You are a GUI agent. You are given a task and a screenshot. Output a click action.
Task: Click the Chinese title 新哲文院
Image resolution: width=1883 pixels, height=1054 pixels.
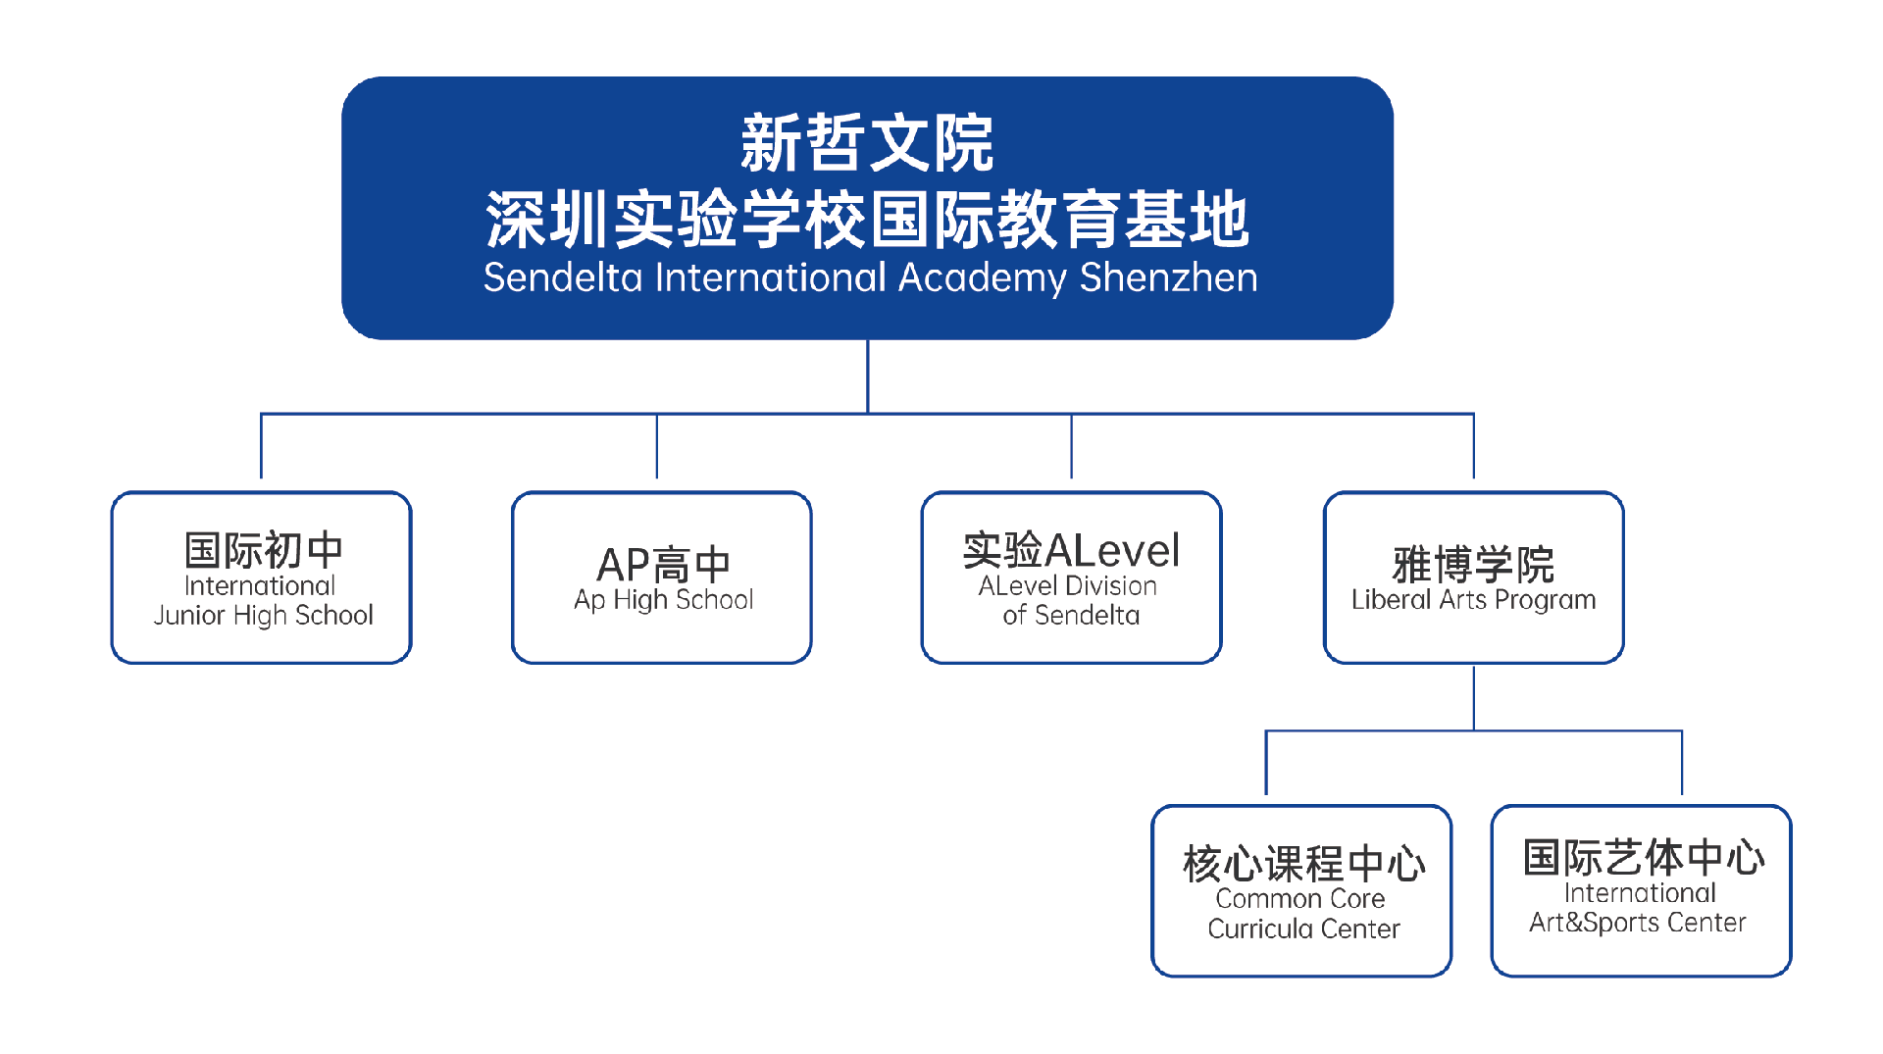(x=867, y=144)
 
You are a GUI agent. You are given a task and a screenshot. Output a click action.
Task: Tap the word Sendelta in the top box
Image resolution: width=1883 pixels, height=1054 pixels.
(x=563, y=277)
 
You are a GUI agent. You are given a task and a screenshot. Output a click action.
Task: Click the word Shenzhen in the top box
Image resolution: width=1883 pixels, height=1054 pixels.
(x=1168, y=277)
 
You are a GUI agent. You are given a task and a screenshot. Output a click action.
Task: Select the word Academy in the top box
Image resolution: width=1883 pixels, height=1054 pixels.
(x=982, y=278)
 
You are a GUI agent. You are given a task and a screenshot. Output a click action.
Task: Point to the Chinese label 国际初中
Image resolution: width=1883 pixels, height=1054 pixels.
(x=263, y=550)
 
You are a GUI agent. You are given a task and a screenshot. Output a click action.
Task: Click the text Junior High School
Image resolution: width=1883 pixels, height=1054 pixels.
(x=263, y=615)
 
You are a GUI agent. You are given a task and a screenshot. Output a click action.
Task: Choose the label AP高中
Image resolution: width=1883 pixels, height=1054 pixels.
(x=664, y=565)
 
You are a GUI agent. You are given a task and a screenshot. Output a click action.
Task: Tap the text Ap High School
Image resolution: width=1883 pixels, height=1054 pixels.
(x=664, y=599)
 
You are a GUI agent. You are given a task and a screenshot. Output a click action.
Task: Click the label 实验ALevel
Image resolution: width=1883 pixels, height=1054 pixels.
(x=1071, y=550)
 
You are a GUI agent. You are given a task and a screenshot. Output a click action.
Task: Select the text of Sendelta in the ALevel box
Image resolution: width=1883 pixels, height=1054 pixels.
(x=1071, y=615)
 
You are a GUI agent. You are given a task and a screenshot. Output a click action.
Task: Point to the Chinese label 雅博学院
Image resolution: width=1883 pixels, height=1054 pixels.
(x=1473, y=565)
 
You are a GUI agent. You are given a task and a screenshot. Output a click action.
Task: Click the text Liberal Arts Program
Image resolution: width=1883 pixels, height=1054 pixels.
(x=1473, y=599)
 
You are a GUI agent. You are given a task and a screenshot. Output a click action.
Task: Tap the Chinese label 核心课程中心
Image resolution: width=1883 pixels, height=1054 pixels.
(x=1303, y=864)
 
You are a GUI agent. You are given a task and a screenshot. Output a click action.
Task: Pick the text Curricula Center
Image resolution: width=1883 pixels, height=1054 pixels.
(x=1303, y=929)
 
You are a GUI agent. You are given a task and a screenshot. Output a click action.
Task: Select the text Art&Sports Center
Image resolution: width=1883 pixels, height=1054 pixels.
(x=1638, y=923)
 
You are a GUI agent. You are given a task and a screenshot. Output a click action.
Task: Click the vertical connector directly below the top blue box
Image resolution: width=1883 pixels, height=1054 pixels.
(x=868, y=376)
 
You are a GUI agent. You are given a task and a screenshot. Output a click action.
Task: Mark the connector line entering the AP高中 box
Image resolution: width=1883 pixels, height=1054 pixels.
(x=657, y=446)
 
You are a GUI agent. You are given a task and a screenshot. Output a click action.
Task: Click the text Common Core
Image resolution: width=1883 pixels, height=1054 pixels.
(x=1300, y=898)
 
